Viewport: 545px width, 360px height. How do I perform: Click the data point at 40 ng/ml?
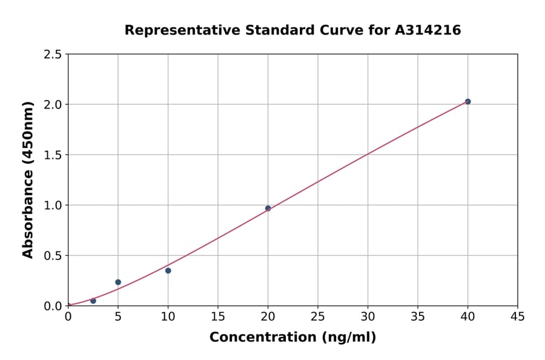pyautogui.click(x=467, y=101)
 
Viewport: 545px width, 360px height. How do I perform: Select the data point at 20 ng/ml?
pyautogui.click(x=268, y=208)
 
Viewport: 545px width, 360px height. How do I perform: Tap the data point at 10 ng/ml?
pyautogui.click(x=168, y=270)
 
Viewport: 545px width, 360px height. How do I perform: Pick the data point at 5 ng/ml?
pyautogui.click(x=118, y=282)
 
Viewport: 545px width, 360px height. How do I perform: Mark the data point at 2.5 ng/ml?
pyautogui.click(x=93, y=301)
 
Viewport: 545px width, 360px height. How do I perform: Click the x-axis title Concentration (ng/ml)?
pyautogui.click(x=292, y=337)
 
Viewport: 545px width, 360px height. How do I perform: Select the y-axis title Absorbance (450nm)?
pyautogui.click(x=28, y=180)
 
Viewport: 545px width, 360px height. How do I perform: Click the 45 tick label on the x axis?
pyautogui.click(x=518, y=316)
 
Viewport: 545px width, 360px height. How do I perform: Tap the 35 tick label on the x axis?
pyautogui.click(x=418, y=316)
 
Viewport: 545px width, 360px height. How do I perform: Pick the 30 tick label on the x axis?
pyautogui.click(x=368, y=316)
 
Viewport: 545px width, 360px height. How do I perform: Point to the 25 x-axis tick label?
pyautogui.click(x=318, y=316)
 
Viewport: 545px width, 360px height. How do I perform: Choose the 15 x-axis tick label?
pyautogui.click(x=218, y=316)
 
